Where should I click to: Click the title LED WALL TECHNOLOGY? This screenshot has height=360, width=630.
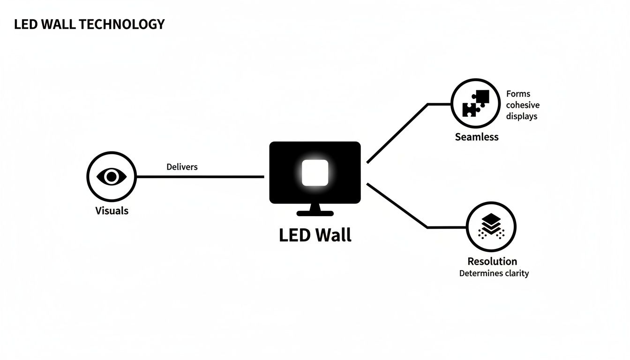coord(89,24)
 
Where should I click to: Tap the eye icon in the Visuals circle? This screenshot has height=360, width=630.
coord(112,177)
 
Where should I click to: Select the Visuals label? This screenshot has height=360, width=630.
coord(112,210)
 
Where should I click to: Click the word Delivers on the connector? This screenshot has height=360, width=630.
coord(182,167)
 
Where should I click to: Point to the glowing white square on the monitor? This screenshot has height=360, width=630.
coord(315,172)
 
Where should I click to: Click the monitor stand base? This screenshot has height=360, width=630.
coord(315,213)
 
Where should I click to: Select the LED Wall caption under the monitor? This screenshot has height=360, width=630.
coord(315,234)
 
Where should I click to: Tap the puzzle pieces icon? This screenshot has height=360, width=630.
coord(476,103)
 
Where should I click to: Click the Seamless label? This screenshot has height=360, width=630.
coord(476,137)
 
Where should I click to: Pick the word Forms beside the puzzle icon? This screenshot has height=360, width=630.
coord(518,94)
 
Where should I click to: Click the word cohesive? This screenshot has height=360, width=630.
coord(523,105)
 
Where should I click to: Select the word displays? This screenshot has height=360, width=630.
coord(521,116)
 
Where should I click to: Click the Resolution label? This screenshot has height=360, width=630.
coord(492,261)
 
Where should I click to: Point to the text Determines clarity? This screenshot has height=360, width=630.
coord(494,273)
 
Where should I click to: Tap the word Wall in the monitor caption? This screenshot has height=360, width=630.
coord(333,234)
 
